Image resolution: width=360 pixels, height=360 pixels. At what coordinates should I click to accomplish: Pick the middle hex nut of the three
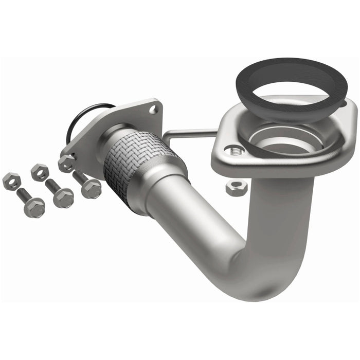pyautogui.click(x=39, y=171)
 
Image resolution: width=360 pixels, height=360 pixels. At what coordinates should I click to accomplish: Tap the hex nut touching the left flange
pyautogui.click(x=66, y=163)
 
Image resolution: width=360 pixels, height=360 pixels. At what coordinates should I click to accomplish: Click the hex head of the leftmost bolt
pyautogui.click(x=34, y=207)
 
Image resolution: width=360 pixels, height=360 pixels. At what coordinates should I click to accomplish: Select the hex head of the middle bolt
pyautogui.click(x=63, y=197)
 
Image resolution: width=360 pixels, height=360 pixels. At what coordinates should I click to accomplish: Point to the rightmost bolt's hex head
pyautogui.click(x=91, y=188)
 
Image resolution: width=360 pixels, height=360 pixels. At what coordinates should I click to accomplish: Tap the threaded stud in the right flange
pyautogui.click(x=235, y=150)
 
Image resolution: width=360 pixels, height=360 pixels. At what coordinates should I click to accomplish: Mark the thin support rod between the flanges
pyautogui.click(x=190, y=135)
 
